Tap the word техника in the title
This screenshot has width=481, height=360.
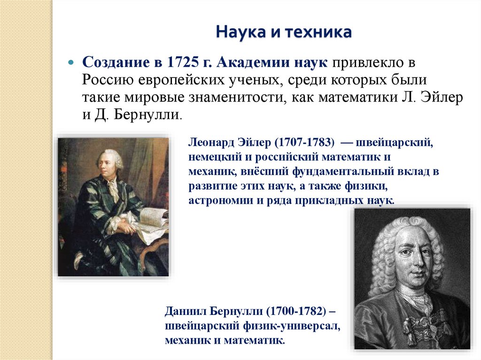pyautogui.click(x=322, y=33)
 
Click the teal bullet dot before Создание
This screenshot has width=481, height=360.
pyautogui.click(x=71, y=62)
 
